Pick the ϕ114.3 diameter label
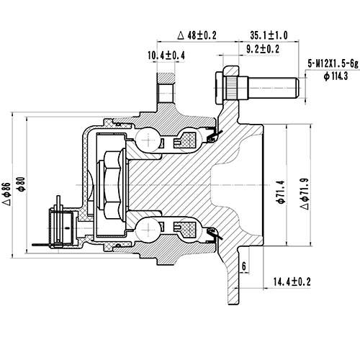tap(336, 75)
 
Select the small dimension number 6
tap(245, 266)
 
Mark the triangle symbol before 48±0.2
tap(180, 35)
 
